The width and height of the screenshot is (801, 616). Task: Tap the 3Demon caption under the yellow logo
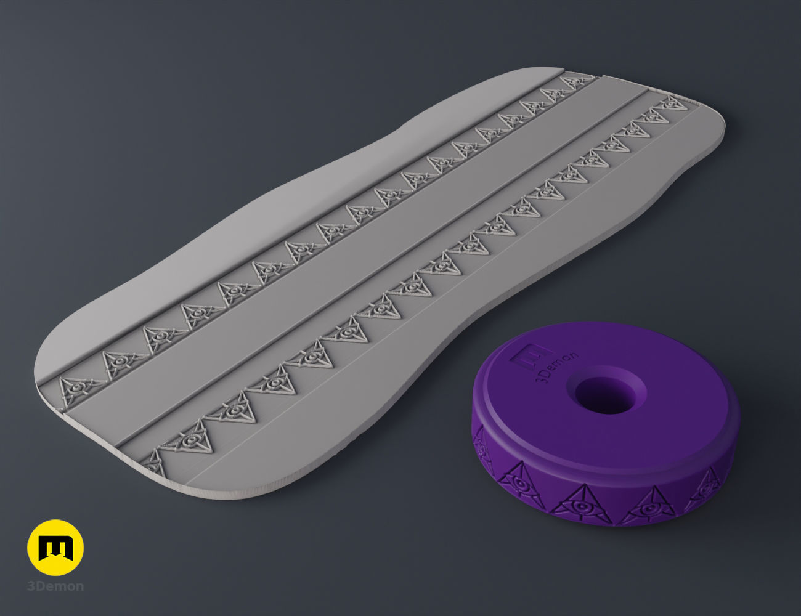(x=55, y=586)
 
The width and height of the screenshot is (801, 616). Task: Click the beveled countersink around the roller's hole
(x=610, y=377)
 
